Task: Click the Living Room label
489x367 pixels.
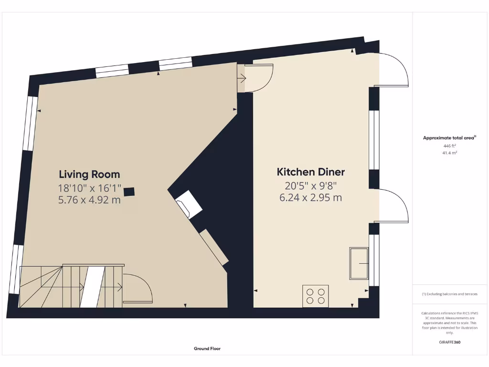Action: coord(89,174)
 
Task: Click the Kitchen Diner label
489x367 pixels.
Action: coord(311,172)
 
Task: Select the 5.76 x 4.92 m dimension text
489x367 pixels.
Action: coord(89,200)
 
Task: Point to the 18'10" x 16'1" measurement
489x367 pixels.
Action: coord(89,188)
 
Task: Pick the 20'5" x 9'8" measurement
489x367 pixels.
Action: coord(311,185)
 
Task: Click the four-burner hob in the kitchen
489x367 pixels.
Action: coord(316,296)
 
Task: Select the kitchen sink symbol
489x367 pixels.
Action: coord(359,263)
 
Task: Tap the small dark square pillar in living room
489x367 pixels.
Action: coord(129,192)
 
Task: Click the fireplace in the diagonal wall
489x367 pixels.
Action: coord(190,205)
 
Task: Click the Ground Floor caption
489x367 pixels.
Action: coord(207,349)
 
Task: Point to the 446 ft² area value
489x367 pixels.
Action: coord(449,146)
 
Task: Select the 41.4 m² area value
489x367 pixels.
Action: coord(449,153)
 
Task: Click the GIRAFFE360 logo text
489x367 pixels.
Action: coord(449,342)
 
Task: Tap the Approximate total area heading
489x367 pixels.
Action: coord(449,138)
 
